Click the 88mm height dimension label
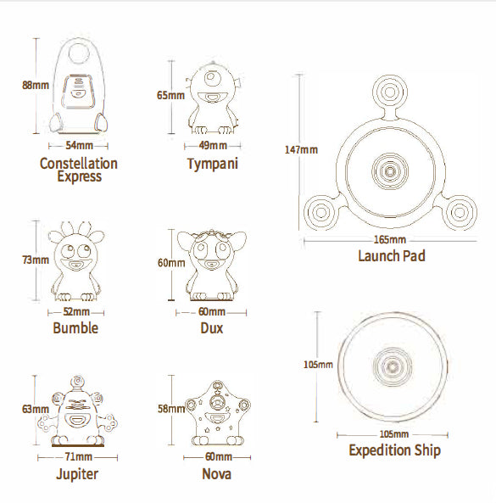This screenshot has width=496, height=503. (x=36, y=86)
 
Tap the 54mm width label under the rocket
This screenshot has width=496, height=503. (x=79, y=145)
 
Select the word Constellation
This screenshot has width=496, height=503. (x=79, y=164)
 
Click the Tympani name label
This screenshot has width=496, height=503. (x=213, y=164)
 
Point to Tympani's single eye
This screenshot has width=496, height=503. (x=211, y=77)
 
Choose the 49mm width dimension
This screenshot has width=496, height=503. (x=213, y=145)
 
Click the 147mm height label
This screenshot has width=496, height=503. (x=301, y=149)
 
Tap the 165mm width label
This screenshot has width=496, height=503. (x=390, y=239)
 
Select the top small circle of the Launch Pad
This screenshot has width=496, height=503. (x=390, y=92)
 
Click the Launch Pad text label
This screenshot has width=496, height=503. (x=392, y=256)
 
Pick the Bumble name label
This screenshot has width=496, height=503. (x=75, y=328)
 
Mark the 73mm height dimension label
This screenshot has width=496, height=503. (x=36, y=260)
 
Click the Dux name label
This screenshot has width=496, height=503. (x=212, y=328)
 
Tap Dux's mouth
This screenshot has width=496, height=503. (x=211, y=264)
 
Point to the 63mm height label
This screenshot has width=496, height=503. (x=36, y=409)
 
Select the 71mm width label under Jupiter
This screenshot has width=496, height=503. (x=79, y=456)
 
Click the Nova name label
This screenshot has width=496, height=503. (x=217, y=474)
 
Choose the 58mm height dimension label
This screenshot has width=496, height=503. (x=171, y=408)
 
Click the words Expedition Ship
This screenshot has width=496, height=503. (x=395, y=450)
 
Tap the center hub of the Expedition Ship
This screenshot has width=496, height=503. (x=392, y=366)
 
